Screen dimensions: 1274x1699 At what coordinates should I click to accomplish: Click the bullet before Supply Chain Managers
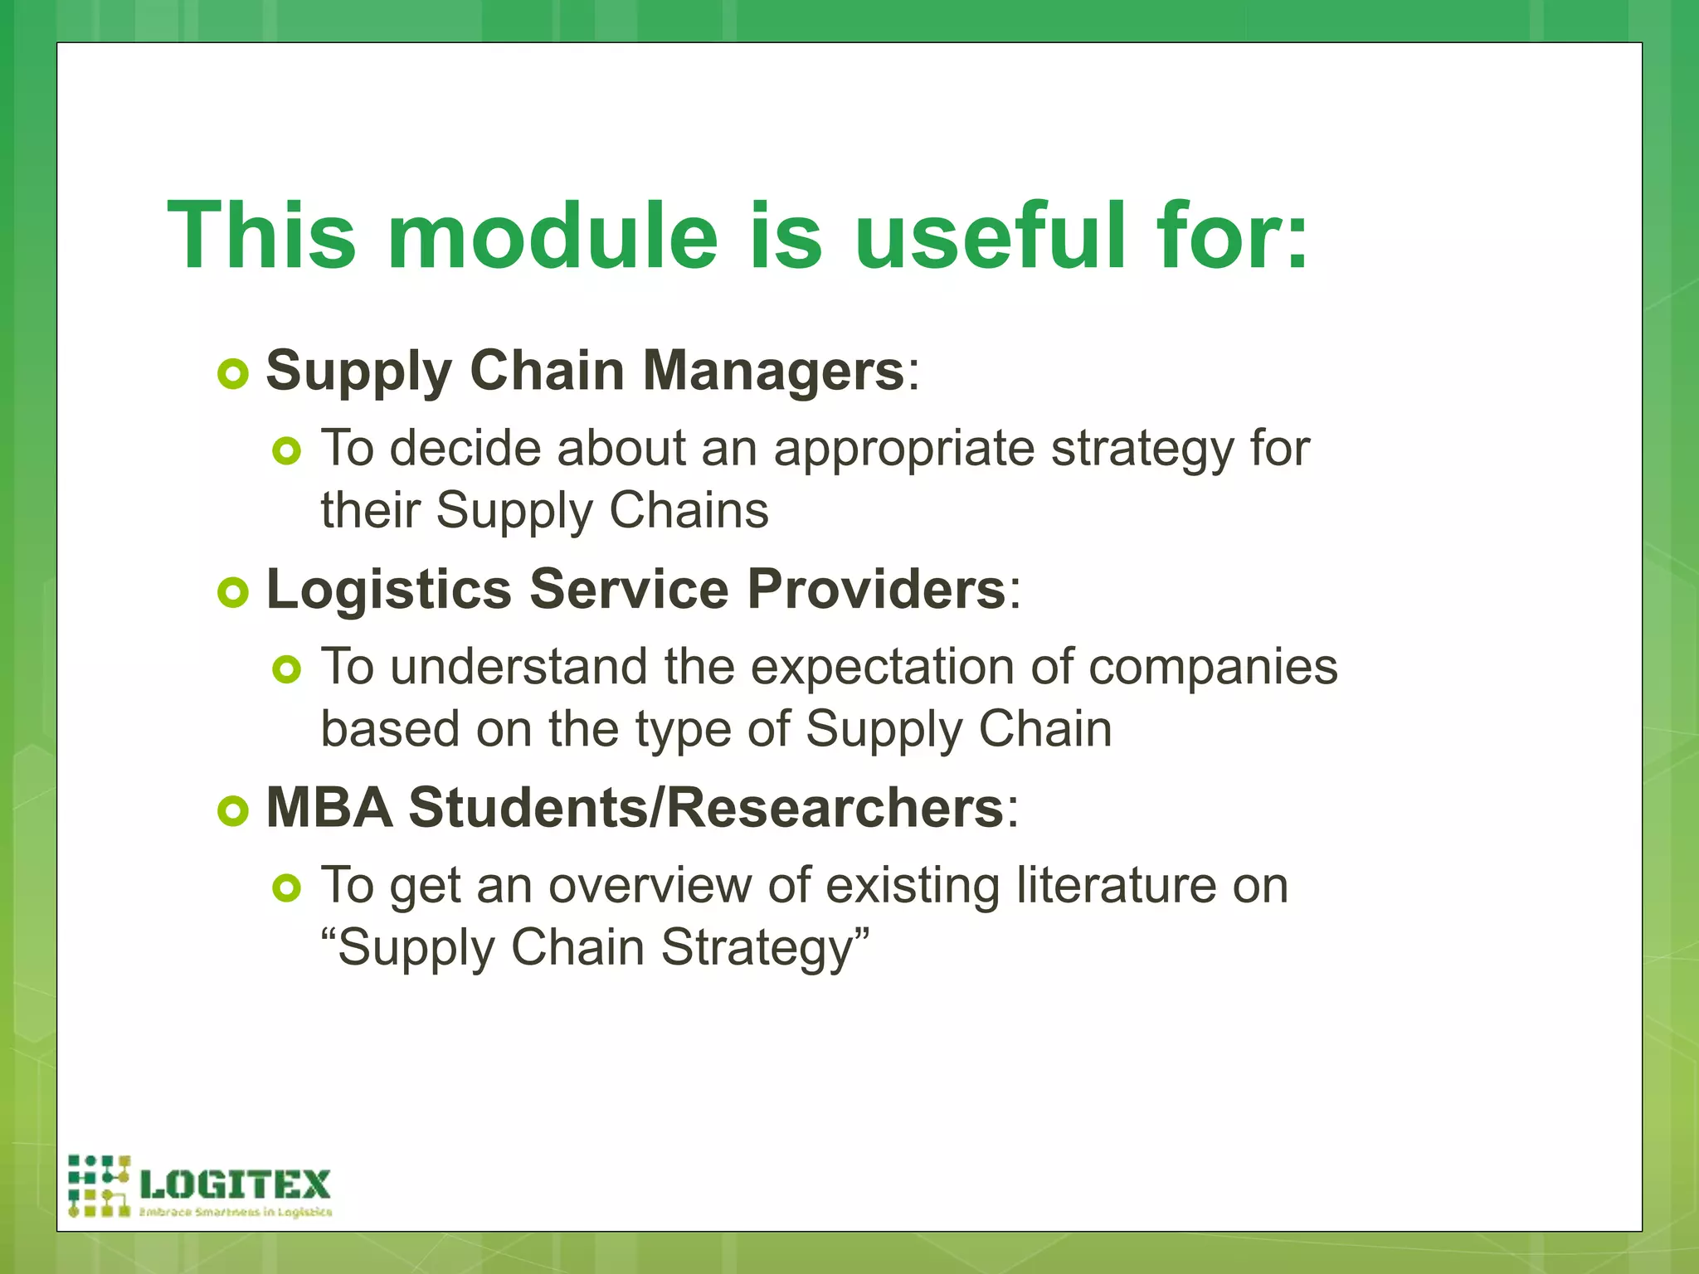233,373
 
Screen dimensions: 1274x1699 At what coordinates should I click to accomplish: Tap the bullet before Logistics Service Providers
233,592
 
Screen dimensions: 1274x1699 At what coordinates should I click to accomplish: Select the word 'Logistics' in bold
388,591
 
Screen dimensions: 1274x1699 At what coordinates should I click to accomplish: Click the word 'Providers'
876,589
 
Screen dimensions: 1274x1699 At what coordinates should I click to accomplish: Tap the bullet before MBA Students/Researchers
233,811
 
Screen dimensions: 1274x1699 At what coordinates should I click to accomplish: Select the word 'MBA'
329,807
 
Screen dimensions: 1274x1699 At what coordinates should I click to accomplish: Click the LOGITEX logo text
236,1184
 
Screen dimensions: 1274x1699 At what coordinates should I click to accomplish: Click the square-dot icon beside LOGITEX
99,1186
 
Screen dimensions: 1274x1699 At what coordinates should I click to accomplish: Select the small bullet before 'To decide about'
286,451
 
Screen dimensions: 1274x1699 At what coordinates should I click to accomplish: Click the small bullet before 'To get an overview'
286,888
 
